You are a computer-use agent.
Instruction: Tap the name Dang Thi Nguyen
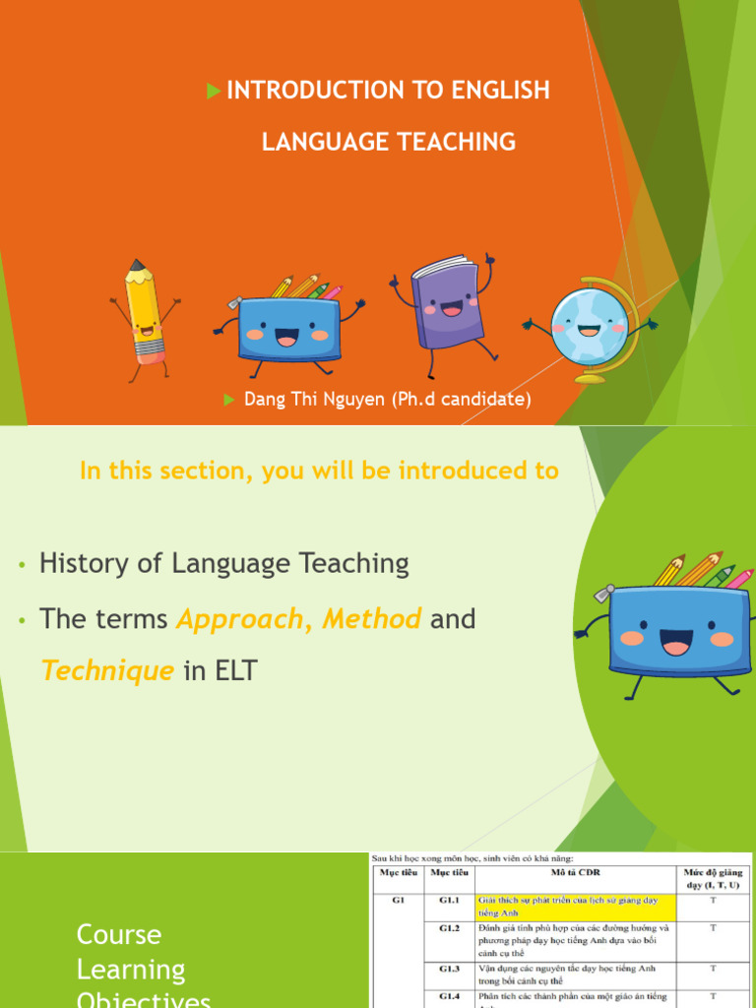[x=313, y=400]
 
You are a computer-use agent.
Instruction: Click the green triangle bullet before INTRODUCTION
[x=214, y=92]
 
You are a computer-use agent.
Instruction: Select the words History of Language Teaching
[x=223, y=564]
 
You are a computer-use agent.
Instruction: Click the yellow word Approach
[x=239, y=619]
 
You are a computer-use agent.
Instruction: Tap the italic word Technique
[x=107, y=671]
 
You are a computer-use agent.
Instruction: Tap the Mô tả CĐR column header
[x=576, y=872]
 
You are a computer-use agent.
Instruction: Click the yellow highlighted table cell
[x=576, y=906]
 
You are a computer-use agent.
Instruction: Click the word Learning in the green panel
[x=131, y=970]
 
